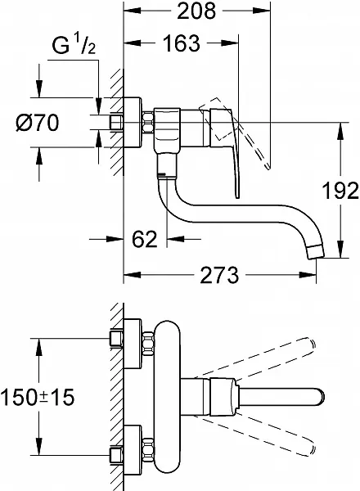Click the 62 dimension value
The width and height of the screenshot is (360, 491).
[145, 240]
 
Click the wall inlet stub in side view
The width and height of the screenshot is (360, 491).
[116, 123]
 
